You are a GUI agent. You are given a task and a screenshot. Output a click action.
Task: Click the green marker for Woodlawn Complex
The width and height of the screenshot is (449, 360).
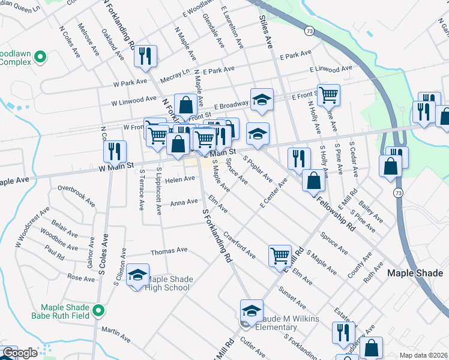(40, 57)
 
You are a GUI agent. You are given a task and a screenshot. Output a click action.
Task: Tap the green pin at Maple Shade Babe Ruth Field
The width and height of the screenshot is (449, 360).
(99, 311)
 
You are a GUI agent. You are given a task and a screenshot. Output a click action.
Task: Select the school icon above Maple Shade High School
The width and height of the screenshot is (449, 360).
(138, 276)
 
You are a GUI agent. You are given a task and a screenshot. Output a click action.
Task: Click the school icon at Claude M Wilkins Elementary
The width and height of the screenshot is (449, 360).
(252, 311)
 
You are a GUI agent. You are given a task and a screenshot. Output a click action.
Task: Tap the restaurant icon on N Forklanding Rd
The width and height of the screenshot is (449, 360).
(146, 56)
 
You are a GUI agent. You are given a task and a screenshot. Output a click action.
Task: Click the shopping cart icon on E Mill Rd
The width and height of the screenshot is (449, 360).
(280, 256)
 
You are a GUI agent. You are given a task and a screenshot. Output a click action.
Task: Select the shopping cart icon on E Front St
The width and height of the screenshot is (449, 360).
(328, 94)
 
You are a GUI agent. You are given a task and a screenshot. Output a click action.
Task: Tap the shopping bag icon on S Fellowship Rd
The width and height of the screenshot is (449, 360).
(313, 181)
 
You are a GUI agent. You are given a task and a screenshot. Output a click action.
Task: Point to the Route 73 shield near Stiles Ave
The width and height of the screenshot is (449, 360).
(309, 30)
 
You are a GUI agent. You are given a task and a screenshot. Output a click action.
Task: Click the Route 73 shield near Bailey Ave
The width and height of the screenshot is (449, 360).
(397, 193)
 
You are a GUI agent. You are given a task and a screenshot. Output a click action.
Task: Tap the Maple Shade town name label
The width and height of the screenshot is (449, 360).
(414, 272)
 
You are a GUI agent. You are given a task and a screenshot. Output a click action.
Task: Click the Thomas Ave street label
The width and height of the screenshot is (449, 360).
(169, 251)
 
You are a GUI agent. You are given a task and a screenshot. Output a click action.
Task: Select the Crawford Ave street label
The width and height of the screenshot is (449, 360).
(239, 243)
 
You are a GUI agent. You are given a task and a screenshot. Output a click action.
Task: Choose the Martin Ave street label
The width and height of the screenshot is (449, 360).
(116, 334)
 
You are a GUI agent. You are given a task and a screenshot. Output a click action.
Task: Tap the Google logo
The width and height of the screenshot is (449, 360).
(19, 353)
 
